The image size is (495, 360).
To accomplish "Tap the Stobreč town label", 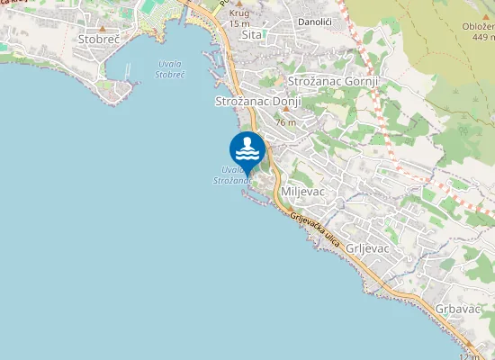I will [100, 40].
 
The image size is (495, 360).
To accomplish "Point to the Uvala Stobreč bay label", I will [169, 69].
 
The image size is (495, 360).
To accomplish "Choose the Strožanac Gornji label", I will [333, 81].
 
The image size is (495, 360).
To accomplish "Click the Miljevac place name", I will [301, 193].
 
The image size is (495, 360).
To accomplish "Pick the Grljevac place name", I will [366, 247].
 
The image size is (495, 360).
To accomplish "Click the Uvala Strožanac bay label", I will [232, 175].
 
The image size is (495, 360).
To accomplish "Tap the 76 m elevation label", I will [286, 122].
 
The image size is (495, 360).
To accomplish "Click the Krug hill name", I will [239, 13].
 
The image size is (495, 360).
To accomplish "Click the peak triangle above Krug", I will [239, 4].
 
